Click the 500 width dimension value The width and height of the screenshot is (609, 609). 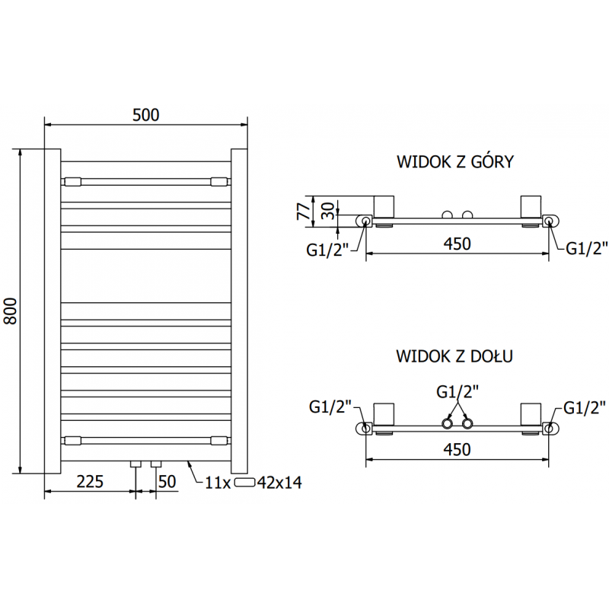[x=145, y=115]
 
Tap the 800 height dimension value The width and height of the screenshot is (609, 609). [x=11, y=311]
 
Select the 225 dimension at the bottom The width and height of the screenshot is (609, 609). [x=90, y=481]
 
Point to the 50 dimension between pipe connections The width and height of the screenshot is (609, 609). [x=167, y=481]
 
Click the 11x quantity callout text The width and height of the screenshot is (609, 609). [x=218, y=482]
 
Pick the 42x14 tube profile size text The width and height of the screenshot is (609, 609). [x=280, y=482]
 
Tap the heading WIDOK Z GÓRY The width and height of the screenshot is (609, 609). [x=455, y=161]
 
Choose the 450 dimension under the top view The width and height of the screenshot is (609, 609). [x=458, y=244]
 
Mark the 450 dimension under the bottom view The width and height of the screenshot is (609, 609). [x=458, y=449]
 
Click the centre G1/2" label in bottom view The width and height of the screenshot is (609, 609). [x=458, y=392]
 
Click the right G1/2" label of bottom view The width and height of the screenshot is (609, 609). [x=585, y=408]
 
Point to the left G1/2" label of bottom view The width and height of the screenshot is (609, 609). [x=330, y=407]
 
